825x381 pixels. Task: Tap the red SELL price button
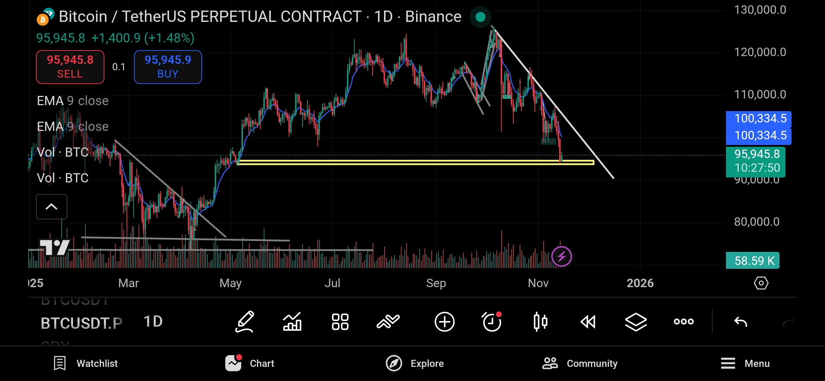pos(70,67)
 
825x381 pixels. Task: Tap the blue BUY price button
pos(168,67)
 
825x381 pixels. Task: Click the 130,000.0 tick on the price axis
pos(760,10)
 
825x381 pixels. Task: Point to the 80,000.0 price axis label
pos(757,222)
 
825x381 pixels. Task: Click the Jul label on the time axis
pos(332,283)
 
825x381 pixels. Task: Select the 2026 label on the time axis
pos(640,283)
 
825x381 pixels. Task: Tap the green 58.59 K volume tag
pos(753,261)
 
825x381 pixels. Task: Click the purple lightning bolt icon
pos(561,256)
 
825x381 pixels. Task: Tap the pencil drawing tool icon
pos(245,322)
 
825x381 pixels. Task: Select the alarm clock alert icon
pos(492,322)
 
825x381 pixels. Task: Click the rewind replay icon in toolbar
pos(588,322)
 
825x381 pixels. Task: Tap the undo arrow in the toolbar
pos(740,322)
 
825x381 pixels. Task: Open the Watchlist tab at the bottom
pos(86,363)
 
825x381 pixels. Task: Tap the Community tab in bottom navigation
pos(580,363)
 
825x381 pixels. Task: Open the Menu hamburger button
pos(745,363)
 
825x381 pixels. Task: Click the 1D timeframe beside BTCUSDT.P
pos(153,322)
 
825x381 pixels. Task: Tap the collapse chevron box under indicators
pos(51,207)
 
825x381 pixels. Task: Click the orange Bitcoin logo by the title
pos(43,19)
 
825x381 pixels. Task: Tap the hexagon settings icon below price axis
pos(761,283)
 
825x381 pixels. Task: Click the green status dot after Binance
pos(480,17)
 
